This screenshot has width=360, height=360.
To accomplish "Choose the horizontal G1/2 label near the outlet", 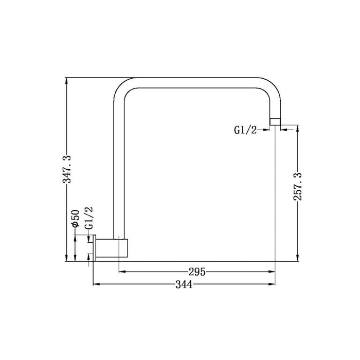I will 245,131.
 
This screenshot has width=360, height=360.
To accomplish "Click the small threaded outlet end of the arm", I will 275,121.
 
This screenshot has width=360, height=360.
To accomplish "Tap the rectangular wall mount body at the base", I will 113,248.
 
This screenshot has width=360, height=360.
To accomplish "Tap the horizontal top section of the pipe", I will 195,81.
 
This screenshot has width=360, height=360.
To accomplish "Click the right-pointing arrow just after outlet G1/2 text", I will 267,131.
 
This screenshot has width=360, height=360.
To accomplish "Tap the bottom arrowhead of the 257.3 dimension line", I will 297,259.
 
